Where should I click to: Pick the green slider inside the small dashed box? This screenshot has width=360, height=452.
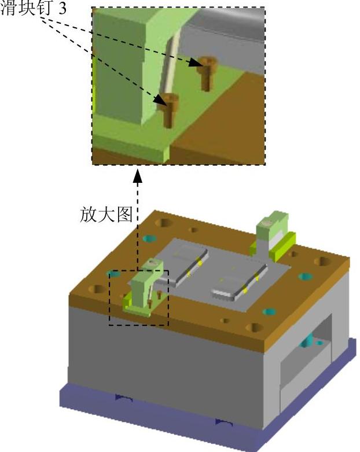141,289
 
